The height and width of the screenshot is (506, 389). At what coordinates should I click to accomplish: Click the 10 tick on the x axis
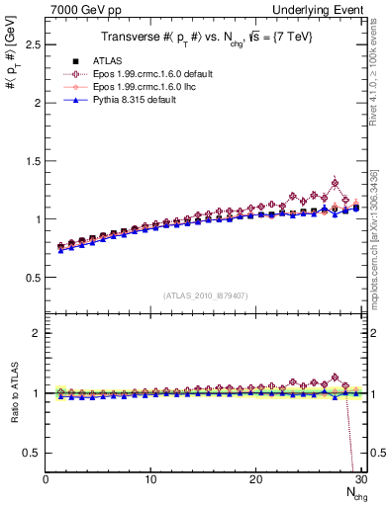(150, 479)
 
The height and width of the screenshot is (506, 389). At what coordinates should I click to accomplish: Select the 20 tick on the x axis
(255, 479)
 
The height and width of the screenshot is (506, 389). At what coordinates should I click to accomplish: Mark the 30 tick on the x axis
(360, 479)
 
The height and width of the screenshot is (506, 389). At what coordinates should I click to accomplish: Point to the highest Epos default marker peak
(336, 183)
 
